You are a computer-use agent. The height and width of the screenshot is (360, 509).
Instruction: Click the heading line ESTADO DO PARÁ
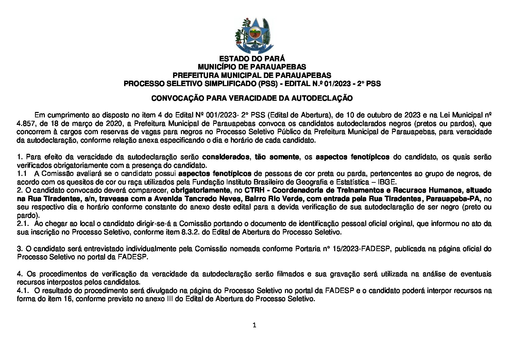tap(252, 59)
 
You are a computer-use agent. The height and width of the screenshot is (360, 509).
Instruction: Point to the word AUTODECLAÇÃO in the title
tap(320, 98)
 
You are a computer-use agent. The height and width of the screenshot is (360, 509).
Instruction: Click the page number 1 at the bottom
tap(254, 325)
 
